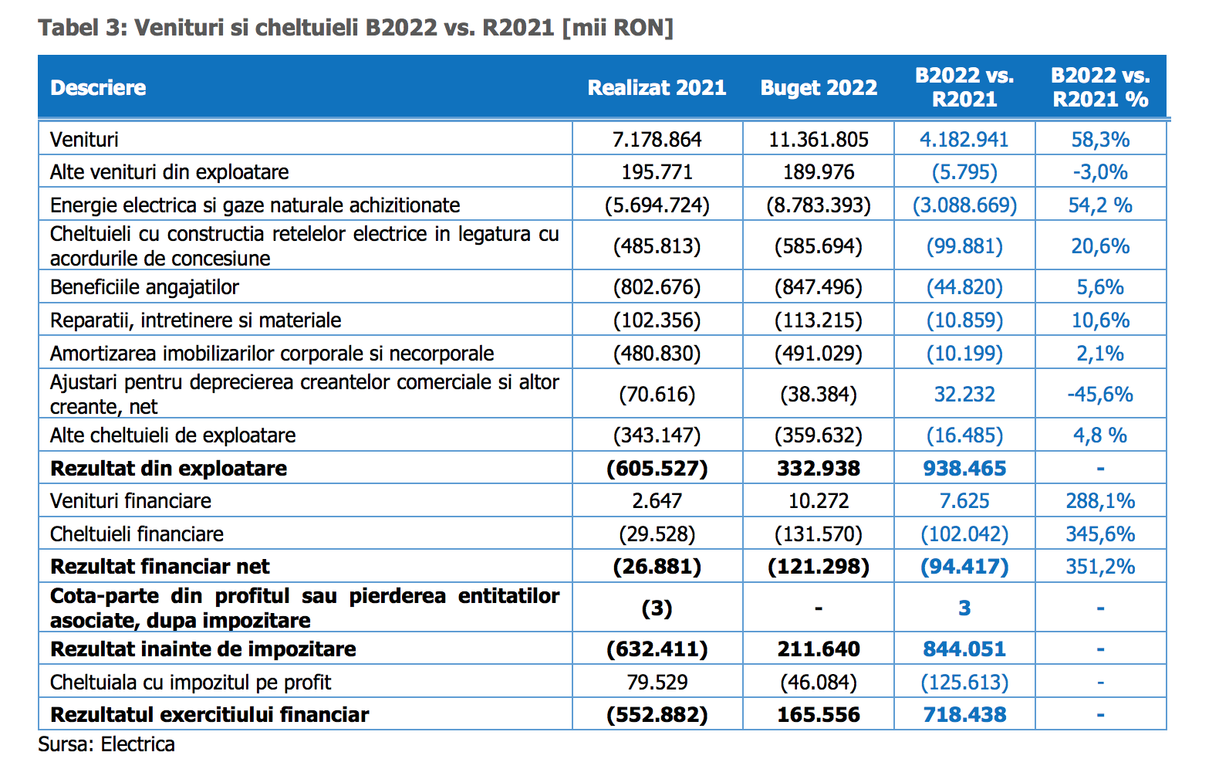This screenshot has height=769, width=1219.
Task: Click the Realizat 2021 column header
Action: pyautogui.click(x=657, y=88)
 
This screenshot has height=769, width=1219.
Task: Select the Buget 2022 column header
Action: pyautogui.click(x=819, y=88)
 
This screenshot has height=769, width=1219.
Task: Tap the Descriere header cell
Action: pyautogui.click(x=98, y=88)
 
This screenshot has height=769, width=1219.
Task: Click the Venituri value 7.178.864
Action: pyautogui.click(x=657, y=140)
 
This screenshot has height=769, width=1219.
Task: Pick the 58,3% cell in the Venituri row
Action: pyautogui.click(x=1100, y=140)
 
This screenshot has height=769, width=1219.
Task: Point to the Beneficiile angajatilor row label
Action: pyautogui.click(x=144, y=287)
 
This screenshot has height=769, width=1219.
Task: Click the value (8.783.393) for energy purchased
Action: pyautogui.click(x=819, y=205)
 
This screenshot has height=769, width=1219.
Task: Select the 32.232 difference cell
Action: pyautogui.click(x=964, y=394)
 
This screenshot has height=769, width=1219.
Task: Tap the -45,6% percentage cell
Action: pyautogui.click(x=1100, y=394)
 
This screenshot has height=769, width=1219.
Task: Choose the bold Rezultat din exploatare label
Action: pyautogui.click(x=168, y=469)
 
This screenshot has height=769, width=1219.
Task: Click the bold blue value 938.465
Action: pyautogui.click(x=964, y=469)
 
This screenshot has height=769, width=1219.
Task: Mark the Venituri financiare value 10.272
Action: pyautogui.click(x=819, y=500)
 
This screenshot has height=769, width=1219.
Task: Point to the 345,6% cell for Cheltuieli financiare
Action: pyautogui.click(x=1100, y=534)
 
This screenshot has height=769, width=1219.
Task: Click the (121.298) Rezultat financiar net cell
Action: pyautogui.click(x=819, y=567)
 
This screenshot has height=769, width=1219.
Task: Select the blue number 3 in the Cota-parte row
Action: pyautogui.click(x=964, y=608)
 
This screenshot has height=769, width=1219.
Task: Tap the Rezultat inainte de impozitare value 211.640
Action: pyautogui.click(x=819, y=649)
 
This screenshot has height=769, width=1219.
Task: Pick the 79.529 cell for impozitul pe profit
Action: pyautogui.click(x=657, y=682)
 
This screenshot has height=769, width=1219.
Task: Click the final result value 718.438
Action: pyautogui.click(x=964, y=714)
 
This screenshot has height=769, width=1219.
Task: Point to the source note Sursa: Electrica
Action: pyautogui.click(x=106, y=744)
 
